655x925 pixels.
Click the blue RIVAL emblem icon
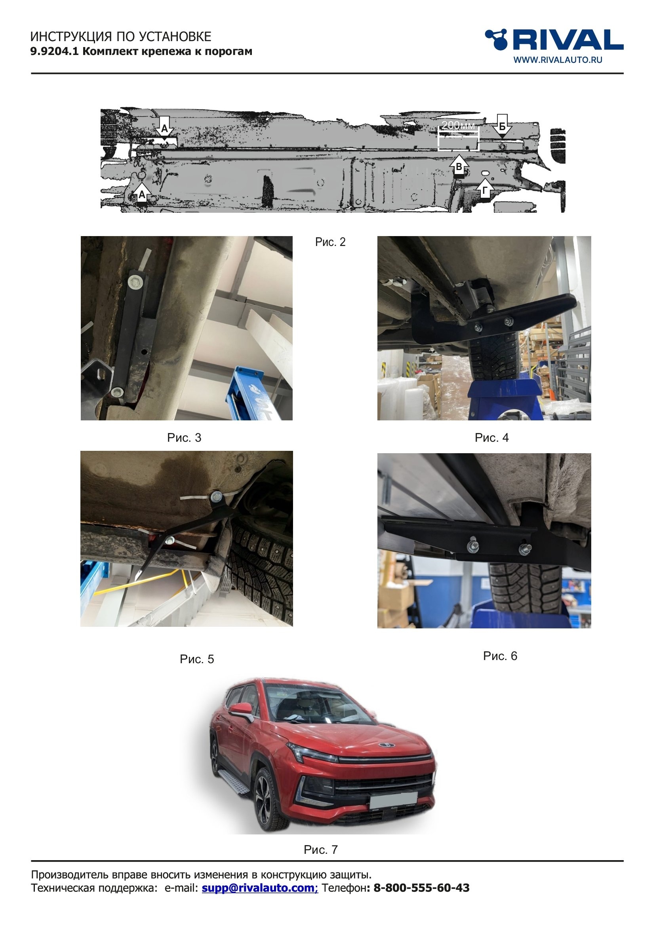(x=496, y=39)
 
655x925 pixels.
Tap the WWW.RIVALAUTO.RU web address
(x=558, y=60)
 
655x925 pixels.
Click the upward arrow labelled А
(x=141, y=194)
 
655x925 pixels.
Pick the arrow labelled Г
(x=485, y=189)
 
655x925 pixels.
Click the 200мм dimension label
(x=458, y=125)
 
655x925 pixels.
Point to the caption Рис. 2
(x=330, y=242)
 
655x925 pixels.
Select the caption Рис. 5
(x=197, y=660)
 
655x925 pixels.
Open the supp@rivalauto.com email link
(x=260, y=888)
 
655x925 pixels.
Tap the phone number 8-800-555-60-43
(x=421, y=888)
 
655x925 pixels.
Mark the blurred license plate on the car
(x=394, y=800)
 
